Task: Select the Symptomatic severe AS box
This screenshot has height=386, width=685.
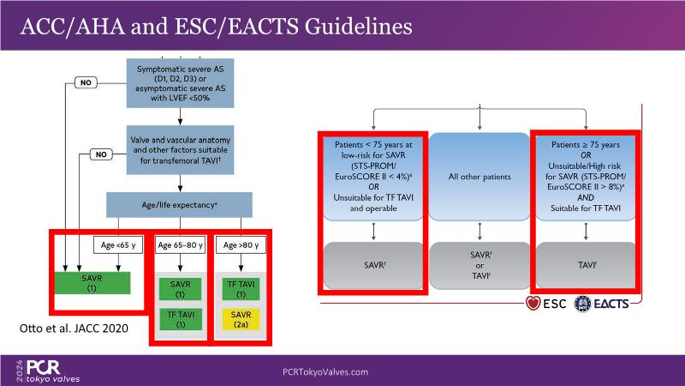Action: pos(177,81)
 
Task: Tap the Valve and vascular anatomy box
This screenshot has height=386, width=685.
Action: pos(178,150)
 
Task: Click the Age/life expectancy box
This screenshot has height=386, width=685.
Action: pos(179,204)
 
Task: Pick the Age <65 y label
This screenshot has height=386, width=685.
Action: pos(116,245)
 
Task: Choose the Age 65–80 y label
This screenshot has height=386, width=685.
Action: pos(180,245)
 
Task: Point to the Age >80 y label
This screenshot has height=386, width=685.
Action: pos(239,245)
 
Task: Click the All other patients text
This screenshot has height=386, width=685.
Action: pos(479,178)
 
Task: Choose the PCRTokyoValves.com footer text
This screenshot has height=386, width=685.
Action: pos(325,371)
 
